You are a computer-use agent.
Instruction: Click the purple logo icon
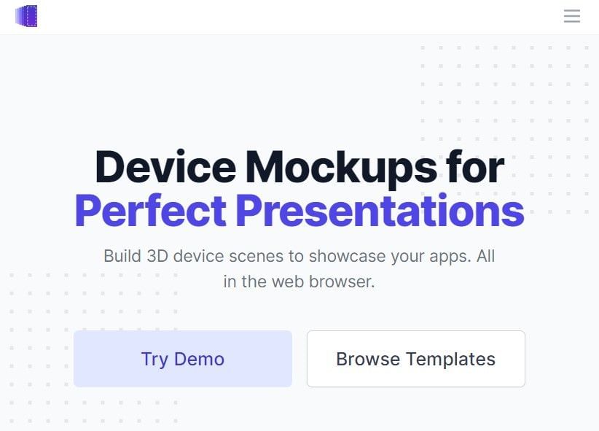(26, 16)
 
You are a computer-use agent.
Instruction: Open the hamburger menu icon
(572, 16)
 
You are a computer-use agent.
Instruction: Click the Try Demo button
(182, 359)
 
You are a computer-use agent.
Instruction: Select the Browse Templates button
(415, 359)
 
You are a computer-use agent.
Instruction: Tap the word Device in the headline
(165, 167)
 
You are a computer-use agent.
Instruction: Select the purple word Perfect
(150, 210)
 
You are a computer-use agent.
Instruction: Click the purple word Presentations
(380, 210)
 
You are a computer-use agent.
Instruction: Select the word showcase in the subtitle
(345, 257)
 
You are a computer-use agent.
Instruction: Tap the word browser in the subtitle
(342, 281)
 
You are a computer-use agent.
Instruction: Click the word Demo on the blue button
(199, 359)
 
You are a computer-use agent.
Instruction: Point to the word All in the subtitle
(485, 257)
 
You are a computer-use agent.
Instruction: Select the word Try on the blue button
(154, 360)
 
